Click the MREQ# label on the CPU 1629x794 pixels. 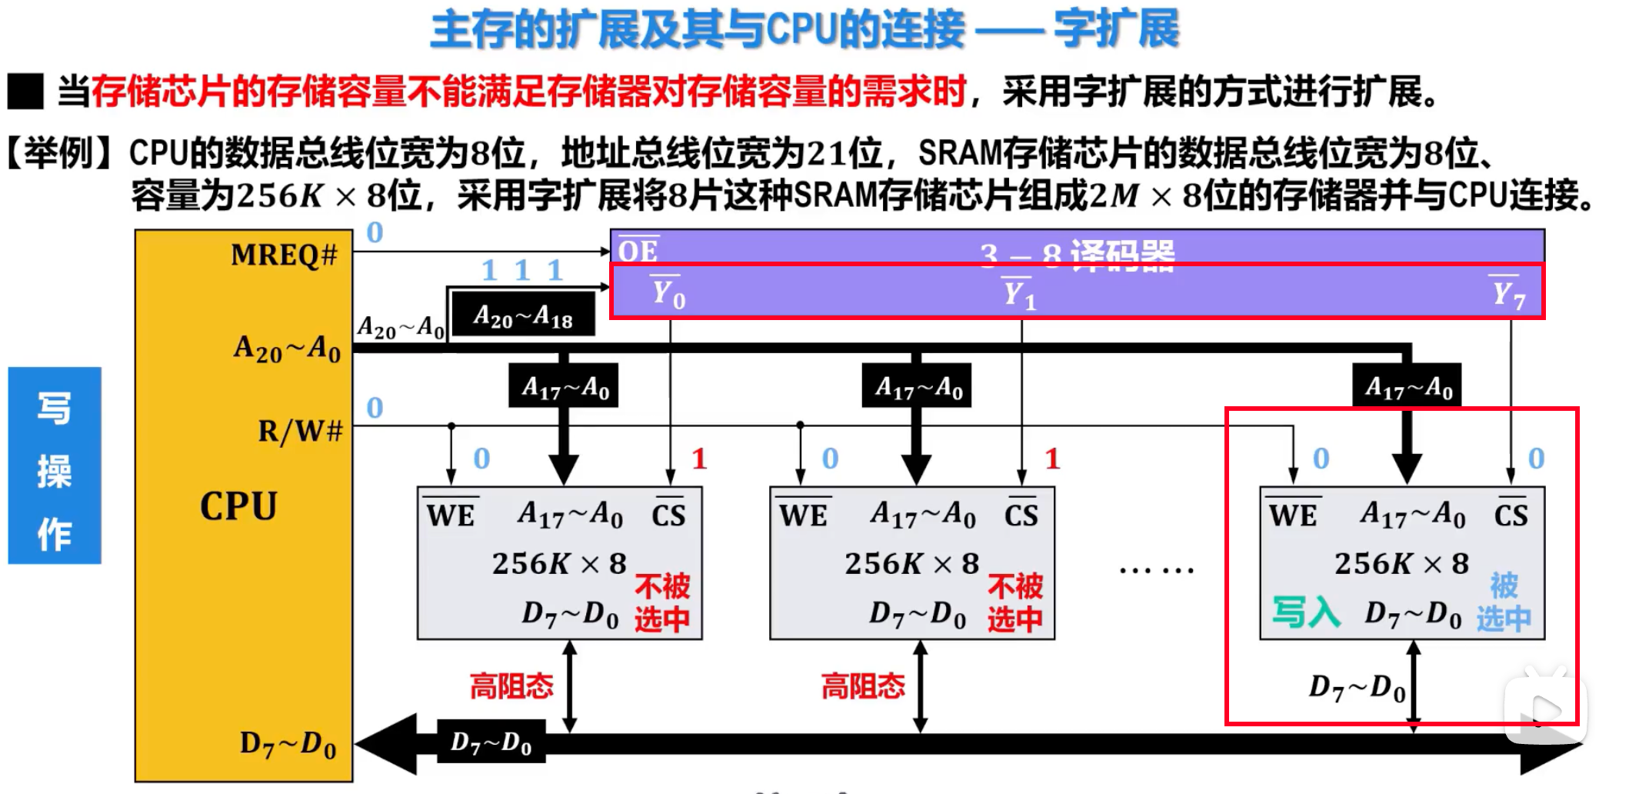(284, 255)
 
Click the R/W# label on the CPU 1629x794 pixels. (299, 431)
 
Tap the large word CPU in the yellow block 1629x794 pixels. (238, 506)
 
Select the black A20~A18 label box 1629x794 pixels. (523, 315)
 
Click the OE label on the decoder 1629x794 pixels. (638, 251)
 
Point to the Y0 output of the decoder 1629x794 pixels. (668, 294)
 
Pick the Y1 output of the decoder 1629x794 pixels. (1021, 294)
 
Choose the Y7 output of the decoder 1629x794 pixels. (1508, 294)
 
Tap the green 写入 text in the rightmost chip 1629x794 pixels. (1306, 612)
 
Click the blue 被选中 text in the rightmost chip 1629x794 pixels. (1504, 602)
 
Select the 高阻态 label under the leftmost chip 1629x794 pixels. (511, 686)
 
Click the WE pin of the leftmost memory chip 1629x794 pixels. (451, 514)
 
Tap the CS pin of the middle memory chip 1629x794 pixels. (1021, 514)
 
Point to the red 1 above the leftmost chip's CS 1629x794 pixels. (698, 459)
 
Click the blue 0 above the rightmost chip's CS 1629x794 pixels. (1536, 459)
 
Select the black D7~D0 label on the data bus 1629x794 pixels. (491, 742)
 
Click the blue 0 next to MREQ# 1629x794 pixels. (375, 232)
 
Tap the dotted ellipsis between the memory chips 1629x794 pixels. (1156, 570)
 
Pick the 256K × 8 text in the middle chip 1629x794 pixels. (912, 564)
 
